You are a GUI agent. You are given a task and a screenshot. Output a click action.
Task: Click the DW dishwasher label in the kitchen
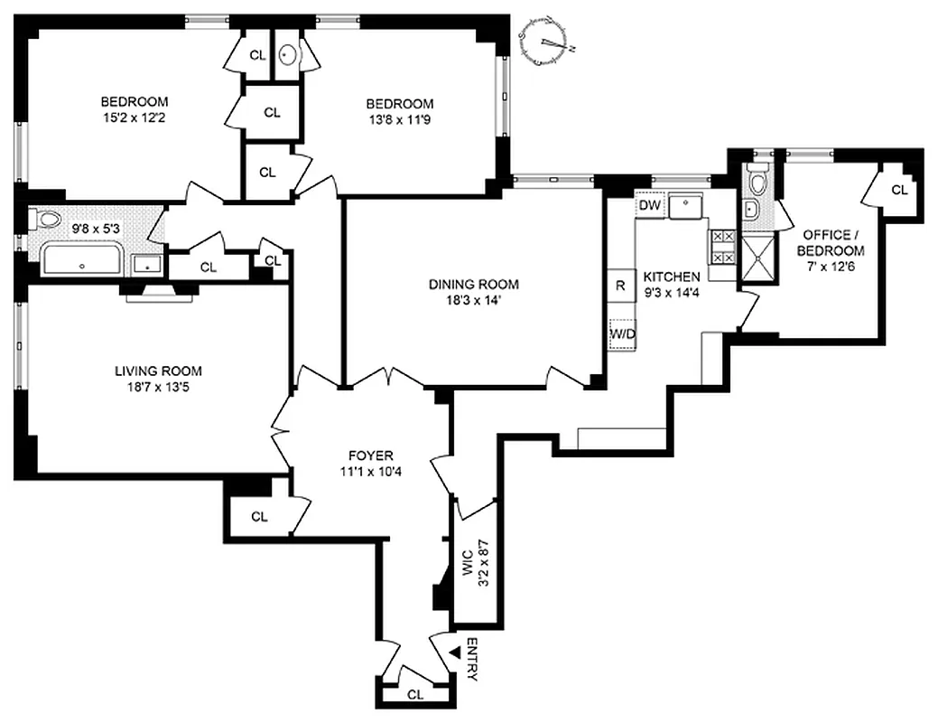[648, 206]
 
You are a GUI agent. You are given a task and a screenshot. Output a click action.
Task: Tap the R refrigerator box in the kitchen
[620, 285]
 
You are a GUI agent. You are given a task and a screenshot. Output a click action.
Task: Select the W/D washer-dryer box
[622, 334]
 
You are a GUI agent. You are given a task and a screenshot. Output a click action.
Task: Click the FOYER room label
[372, 455]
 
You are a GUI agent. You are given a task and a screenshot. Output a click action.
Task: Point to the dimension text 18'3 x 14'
[473, 302]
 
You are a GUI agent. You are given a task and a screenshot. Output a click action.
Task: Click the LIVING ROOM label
[158, 371]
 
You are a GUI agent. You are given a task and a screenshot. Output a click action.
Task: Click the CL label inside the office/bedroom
[898, 190]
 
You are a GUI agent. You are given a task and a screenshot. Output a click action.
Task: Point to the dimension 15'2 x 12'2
[134, 118]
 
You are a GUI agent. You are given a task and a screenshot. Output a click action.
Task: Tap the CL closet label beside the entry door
[415, 695]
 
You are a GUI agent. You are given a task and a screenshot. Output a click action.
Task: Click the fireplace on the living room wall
[160, 290]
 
